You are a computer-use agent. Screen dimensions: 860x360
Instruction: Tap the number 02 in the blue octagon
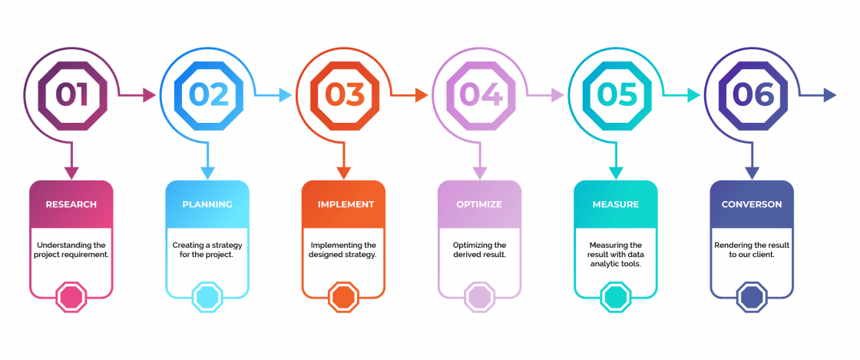pyautogui.click(x=208, y=94)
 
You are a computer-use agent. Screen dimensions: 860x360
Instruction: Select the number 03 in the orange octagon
pyautogui.click(x=345, y=94)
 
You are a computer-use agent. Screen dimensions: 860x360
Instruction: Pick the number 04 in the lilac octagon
pyautogui.click(x=481, y=94)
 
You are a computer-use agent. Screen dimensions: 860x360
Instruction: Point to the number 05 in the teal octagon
pyautogui.click(x=617, y=94)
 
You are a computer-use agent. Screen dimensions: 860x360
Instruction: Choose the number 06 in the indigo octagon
pyautogui.click(x=753, y=94)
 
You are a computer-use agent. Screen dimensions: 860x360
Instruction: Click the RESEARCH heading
pyautogui.click(x=71, y=204)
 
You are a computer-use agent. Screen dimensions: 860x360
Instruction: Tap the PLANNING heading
pyautogui.click(x=207, y=204)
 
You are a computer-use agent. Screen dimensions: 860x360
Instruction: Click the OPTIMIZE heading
pyautogui.click(x=479, y=204)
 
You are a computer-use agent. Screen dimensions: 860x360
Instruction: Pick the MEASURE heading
pyautogui.click(x=615, y=204)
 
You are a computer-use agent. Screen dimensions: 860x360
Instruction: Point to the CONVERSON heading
pyautogui.click(x=752, y=204)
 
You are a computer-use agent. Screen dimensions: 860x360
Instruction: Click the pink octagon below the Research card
pyautogui.click(x=71, y=298)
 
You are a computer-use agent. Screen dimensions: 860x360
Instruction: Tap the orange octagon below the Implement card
pyautogui.click(x=343, y=298)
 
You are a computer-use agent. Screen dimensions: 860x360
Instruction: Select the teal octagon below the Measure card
pyautogui.click(x=615, y=298)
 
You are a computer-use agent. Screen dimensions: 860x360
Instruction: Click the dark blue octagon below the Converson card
pyautogui.click(x=752, y=298)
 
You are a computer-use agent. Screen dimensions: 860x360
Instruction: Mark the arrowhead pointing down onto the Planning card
pyautogui.click(x=207, y=173)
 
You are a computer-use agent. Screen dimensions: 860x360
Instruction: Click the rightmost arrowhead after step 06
pyautogui.click(x=830, y=95)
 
